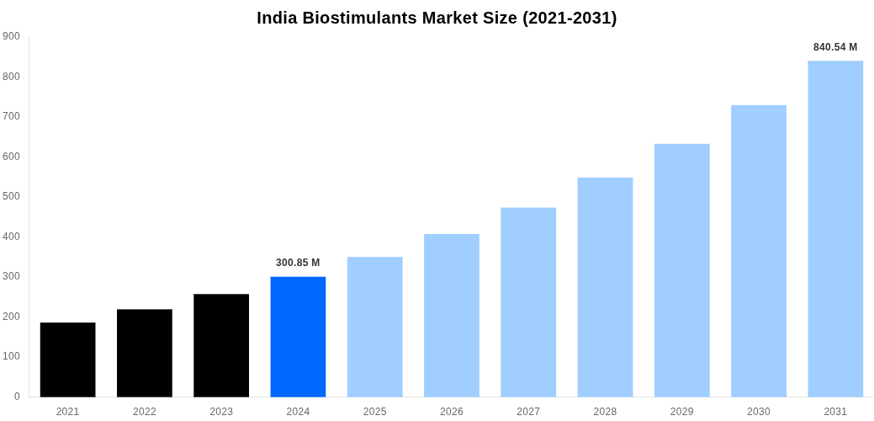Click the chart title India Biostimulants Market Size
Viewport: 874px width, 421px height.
[x=437, y=18]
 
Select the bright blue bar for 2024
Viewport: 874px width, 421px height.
[x=298, y=337]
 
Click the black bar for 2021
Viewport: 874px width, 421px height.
[x=67, y=360]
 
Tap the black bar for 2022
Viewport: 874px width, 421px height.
[x=145, y=353]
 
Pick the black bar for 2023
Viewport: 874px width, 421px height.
[x=221, y=345]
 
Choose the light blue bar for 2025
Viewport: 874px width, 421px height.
[x=374, y=327]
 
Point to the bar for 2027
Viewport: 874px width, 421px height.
[x=528, y=302]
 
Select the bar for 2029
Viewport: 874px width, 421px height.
[x=681, y=270]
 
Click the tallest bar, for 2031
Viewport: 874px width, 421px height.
[x=835, y=228]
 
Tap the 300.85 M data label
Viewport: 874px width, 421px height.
[x=298, y=263]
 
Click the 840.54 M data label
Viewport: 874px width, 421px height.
[x=835, y=47]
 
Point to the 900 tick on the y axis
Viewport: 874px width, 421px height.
[x=11, y=36]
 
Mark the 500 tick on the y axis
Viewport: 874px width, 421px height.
[x=11, y=196]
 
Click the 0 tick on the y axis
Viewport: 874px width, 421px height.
[x=17, y=397]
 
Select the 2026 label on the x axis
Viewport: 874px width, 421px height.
[x=452, y=412]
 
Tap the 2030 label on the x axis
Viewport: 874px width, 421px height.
[x=759, y=412]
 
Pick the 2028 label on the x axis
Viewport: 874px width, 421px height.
[x=605, y=412]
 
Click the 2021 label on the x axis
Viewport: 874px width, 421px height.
[x=67, y=412]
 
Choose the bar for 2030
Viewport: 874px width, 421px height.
[x=759, y=251]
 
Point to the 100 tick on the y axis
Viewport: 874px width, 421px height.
[x=11, y=356]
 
